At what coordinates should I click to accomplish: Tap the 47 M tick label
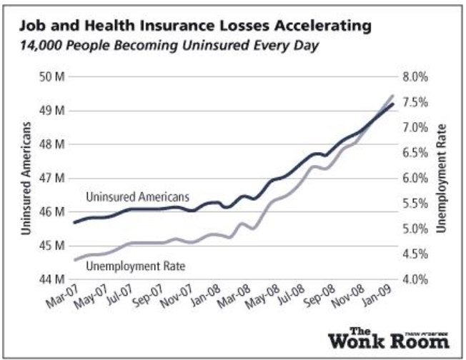coord(54,178)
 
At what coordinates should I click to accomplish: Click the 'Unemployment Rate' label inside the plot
coord(136,266)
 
